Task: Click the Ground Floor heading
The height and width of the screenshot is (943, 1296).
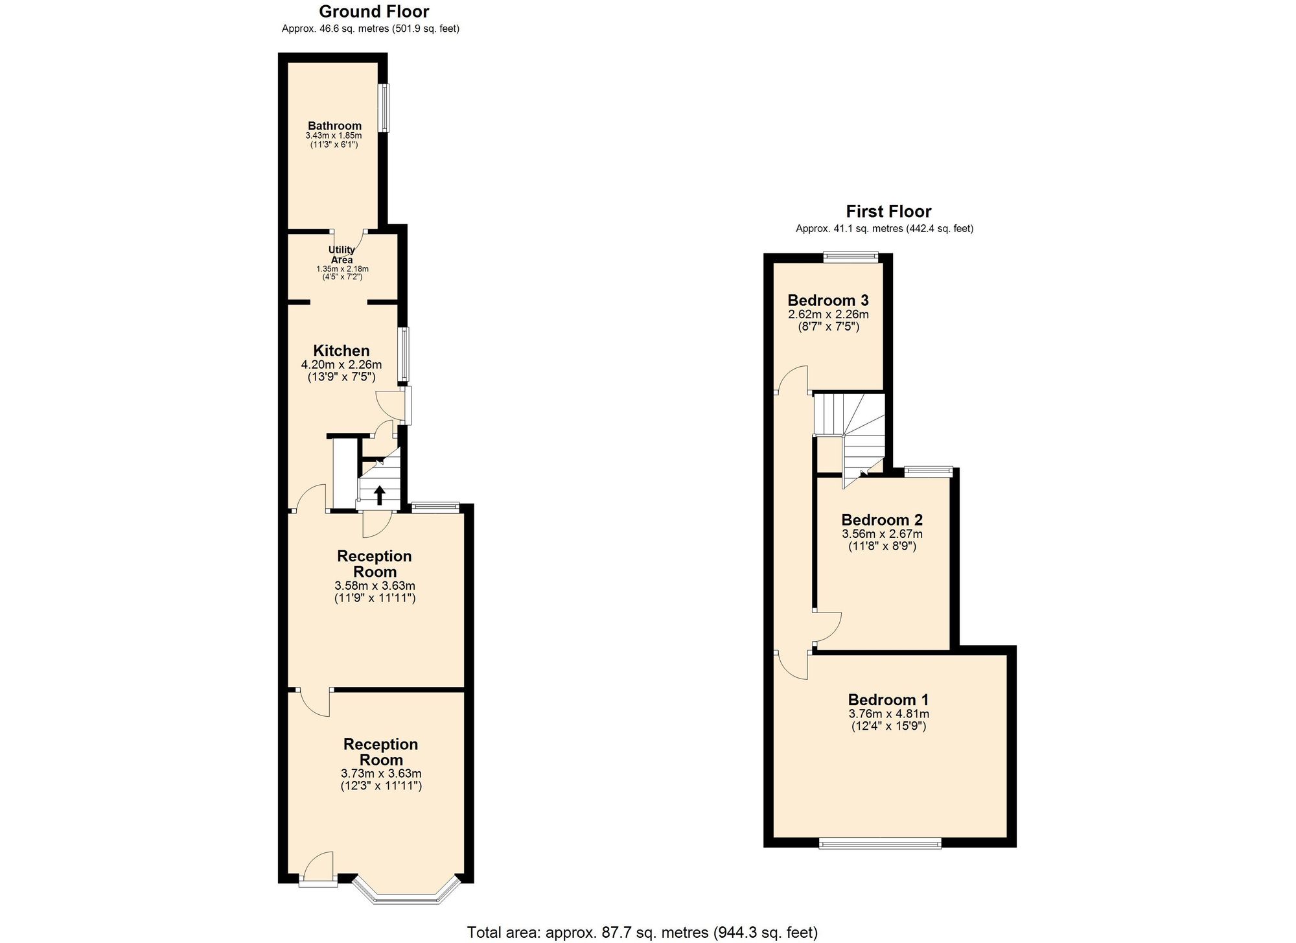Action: coord(374,12)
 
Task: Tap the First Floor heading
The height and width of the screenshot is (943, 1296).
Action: coord(888,212)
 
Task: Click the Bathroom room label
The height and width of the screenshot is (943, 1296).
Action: coord(334,126)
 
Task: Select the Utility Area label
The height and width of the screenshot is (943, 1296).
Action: coord(341,255)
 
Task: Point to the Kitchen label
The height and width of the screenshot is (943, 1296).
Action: coord(341,351)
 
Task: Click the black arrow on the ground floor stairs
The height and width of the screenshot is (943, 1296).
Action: coord(380,496)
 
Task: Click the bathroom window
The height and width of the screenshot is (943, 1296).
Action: coord(385,108)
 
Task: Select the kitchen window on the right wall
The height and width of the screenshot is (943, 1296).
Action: coord(404,354)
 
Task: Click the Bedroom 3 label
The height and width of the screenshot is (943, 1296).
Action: coord(828,301)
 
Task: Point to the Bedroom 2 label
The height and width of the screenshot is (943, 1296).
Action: coord(882,520)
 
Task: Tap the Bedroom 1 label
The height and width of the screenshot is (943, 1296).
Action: coord(888,700)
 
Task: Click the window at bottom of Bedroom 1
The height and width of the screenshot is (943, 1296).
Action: coord(880,843)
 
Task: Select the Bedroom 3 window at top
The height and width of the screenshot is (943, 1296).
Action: coord(851,257)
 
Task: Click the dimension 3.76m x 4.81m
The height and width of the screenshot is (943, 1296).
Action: coord(888,714)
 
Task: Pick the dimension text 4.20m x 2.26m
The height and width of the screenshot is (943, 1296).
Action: coord(341,365)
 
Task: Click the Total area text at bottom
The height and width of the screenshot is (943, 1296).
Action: coord(642,933)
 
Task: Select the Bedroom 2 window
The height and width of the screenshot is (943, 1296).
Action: coord(929,472)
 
